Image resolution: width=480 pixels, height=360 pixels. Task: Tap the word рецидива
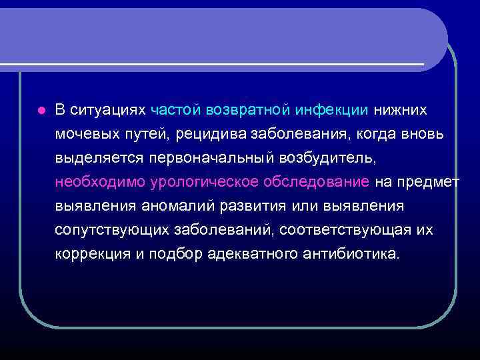point(213,134)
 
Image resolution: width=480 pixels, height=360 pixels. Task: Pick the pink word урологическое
point(199,182)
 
